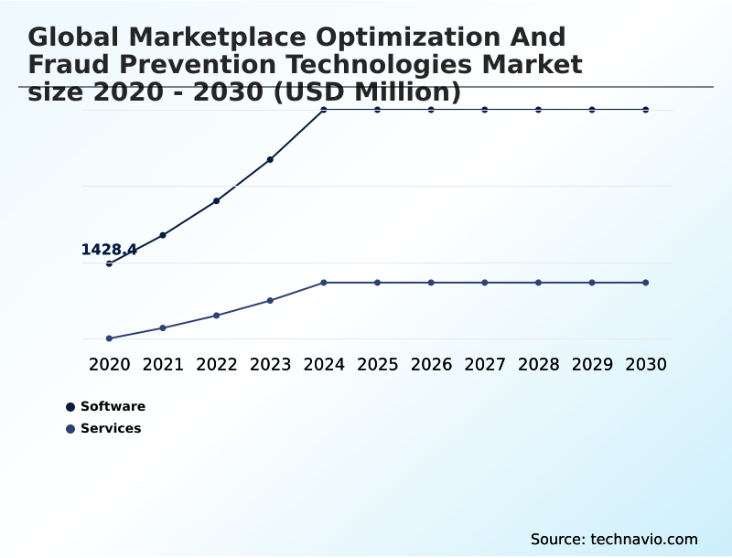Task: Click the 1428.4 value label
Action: point(109,250)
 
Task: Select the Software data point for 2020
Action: point(109,263)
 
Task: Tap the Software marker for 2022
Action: point(216,200)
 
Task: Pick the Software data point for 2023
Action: point(270,159)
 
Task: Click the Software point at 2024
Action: point(324,110)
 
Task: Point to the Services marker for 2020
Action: point(109,338)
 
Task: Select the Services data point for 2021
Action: point(163,327)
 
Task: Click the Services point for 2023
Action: point(270,300)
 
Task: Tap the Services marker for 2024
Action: point(324,283)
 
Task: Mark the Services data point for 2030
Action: point(645,283)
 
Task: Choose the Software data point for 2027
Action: point(485,110)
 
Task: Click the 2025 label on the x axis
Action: point(377,364)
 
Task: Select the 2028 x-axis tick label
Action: point(538,364)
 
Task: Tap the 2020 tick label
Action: point(109,364)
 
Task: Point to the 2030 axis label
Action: point(645,364)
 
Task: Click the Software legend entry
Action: point(112,406)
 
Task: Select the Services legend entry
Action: point(110,428)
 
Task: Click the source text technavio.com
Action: point(643,539)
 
